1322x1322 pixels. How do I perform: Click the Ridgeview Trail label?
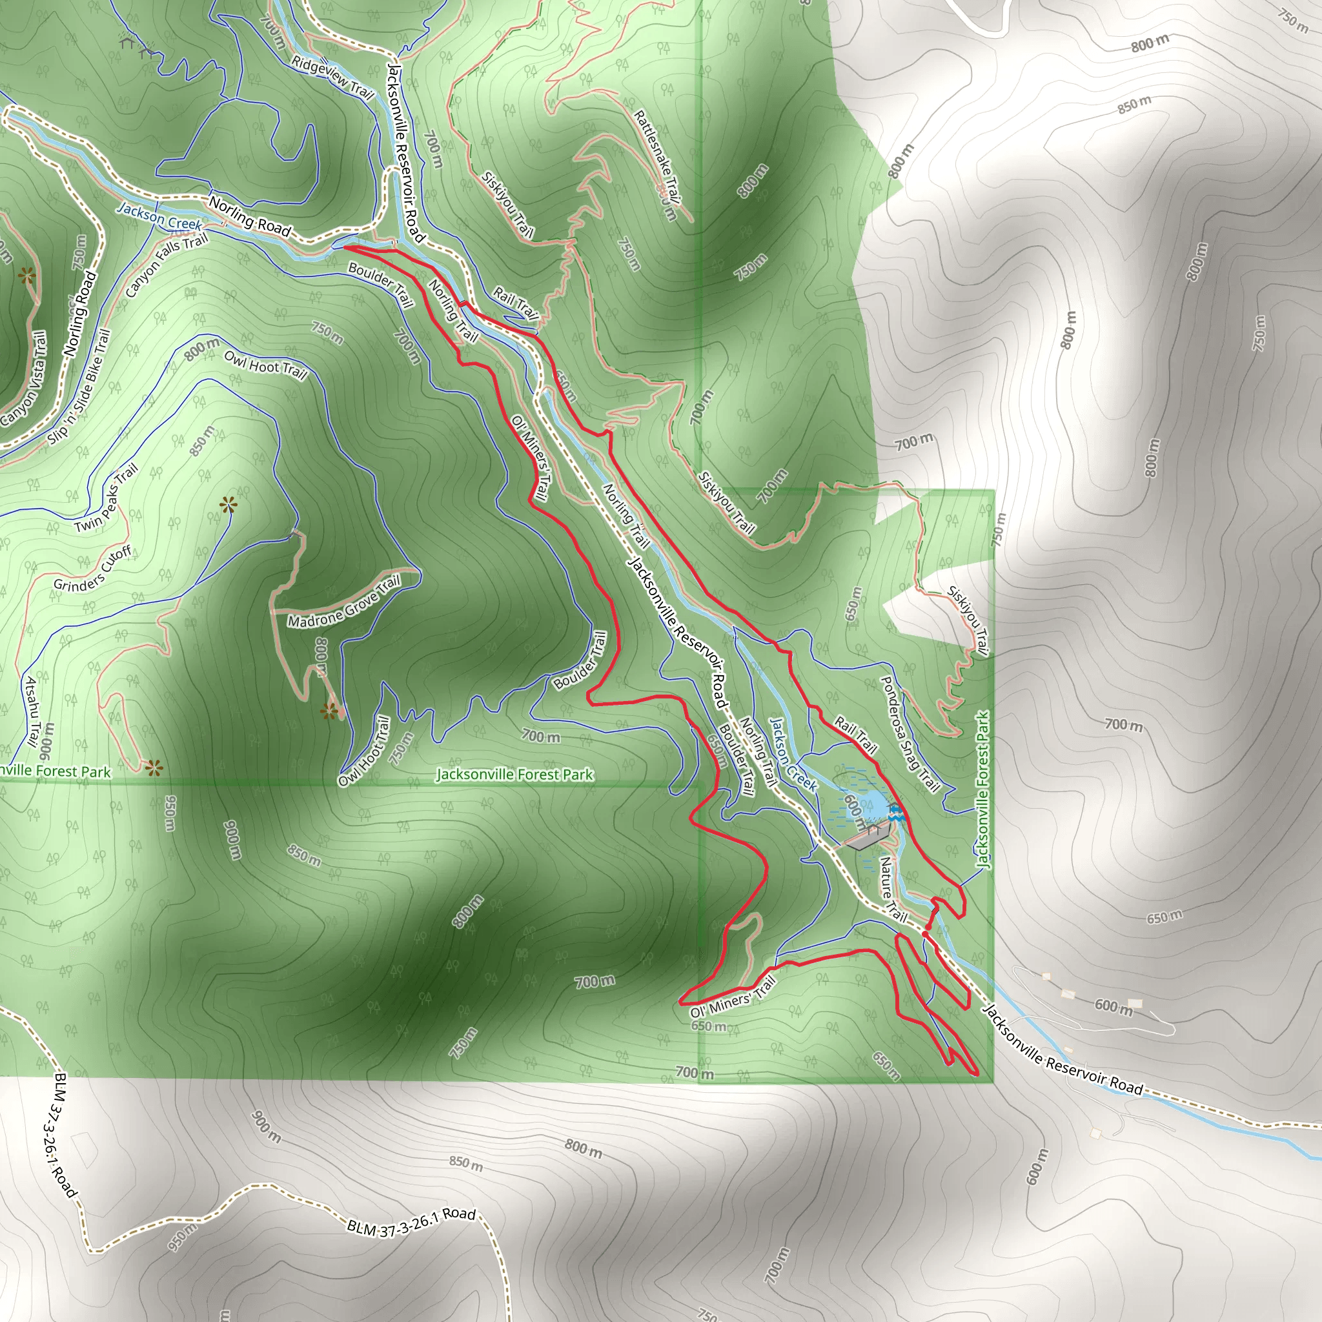pyautogui.click(x=332, y=77)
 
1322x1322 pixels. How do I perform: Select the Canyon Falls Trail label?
pyautogui.click(x=167, y=264)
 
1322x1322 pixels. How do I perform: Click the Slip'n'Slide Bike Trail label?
pyautogui.click(x=80, y=387)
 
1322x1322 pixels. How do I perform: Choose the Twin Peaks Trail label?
pyautogui.click(x=107, y=498)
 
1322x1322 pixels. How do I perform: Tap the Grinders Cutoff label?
pyautogui.click(x=93, y=569)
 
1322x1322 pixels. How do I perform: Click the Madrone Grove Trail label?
pyautogui.click(x=343, y=602)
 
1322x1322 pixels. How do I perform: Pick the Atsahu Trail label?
pyautogui.click(x=32, y=711)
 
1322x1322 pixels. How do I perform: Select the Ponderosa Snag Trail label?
pyautogui.click(x=909, y=733)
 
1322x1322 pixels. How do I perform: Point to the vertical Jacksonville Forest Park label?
pyautogui.click(x=982, y=790)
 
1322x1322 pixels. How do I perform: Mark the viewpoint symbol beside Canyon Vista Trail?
pyautogui.click(x=26, y=276)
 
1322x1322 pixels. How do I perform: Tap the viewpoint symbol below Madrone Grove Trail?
pyautogui.click(x=330, y=711)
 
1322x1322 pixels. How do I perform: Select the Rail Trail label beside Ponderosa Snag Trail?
pyautogui.click(x=855, y=735)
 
